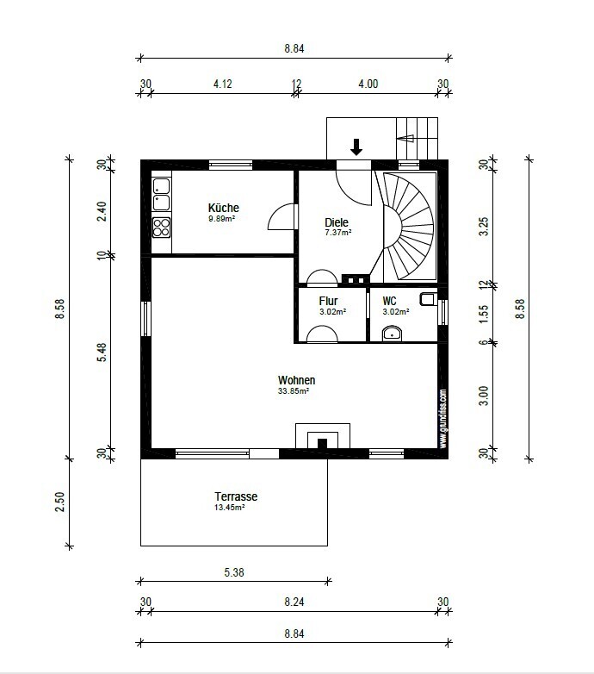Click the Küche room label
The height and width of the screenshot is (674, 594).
223,208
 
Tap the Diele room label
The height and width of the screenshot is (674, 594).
337,222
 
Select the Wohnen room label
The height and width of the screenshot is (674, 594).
297,380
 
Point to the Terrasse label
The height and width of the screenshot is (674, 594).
236,496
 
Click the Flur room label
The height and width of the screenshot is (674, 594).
328,301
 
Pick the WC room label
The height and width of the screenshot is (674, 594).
389,301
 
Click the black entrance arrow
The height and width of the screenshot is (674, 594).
356,147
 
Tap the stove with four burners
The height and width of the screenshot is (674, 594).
161,228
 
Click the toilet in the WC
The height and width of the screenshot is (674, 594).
429,299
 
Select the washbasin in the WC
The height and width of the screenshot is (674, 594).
392,334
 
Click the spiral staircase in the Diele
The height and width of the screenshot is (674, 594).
408,226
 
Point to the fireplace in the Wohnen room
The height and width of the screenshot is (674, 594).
322,437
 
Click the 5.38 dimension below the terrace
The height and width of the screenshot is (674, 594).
234,572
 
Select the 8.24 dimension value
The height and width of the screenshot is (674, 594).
294,602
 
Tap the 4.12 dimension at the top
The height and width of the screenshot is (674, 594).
223,84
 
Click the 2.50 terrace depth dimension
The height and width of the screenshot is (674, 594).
60,502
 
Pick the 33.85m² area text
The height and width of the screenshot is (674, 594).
294,391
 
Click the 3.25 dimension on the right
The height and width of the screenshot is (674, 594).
484,227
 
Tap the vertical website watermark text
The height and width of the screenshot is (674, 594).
443,419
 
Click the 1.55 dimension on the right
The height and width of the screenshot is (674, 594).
484,314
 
